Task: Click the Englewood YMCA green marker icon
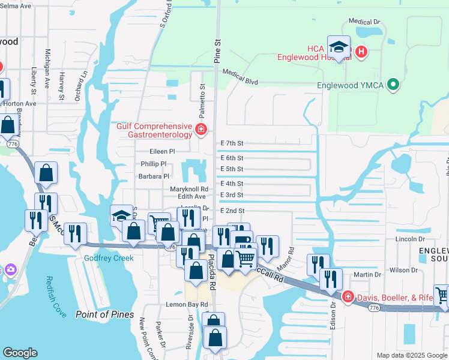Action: click(x=393, y=85)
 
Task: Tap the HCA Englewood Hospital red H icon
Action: click(x=361, y=52)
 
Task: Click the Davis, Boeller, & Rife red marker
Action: click(x=348, y=297)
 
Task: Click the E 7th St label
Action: click(x=232, y=143)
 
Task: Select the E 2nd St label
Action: click(x=232, y=211)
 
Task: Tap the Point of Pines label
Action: click(x=105, y=314)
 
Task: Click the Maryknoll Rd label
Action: click(x=188, y=189)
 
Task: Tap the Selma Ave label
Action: click(x=16, y=5)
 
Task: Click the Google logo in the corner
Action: click(x=20, y=353)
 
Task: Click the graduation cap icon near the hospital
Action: click(x=339, y=47)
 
